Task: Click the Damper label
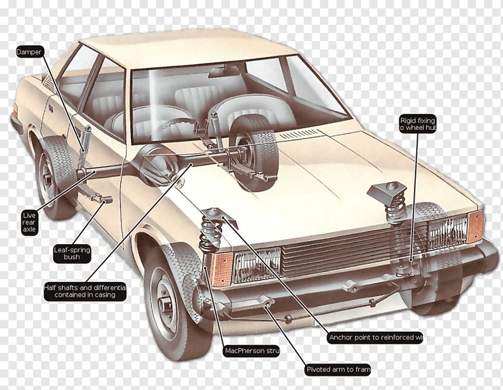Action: (x=29, y=52)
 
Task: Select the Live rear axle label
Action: (x=29, y=222)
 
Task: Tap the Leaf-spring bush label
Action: (x=72, y=253)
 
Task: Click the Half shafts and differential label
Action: (x=85, y=291)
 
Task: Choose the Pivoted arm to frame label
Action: (x=338, y=370)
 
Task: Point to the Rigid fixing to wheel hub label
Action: (x=417, y=124)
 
